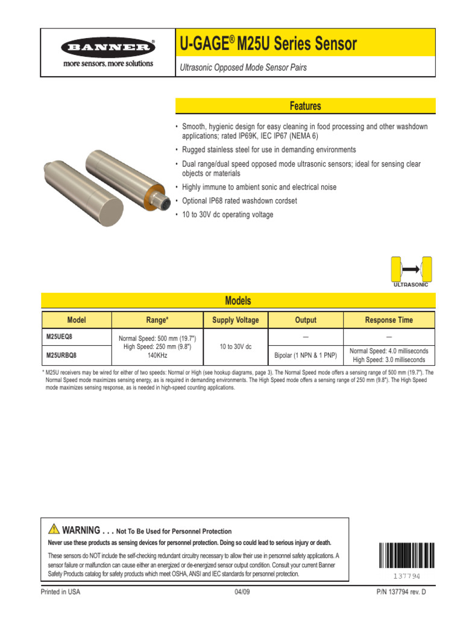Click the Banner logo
pyautogui.click(x=109, y=47)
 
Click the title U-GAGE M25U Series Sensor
pyautogui.click(x=268, y=44)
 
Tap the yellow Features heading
pyautogui.click(x=305, y=106)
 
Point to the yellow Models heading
pyautogui.click(x=238, y=301)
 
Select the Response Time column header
pyautogui.click(x=389, y=320)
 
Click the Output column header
pyautogui.click(x=306, y=320)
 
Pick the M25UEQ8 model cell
pyautogui.click(x=60, y=336)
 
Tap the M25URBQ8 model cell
pyautogui.click(x=61, y=355)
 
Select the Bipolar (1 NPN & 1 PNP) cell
pyautogui.click(x=306, y=355)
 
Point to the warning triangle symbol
pyautogui.click(x=54, y=529)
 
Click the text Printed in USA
pyautogui.click(x=60, y=592)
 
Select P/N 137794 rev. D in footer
pyautogui.click(x=401, y=592)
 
